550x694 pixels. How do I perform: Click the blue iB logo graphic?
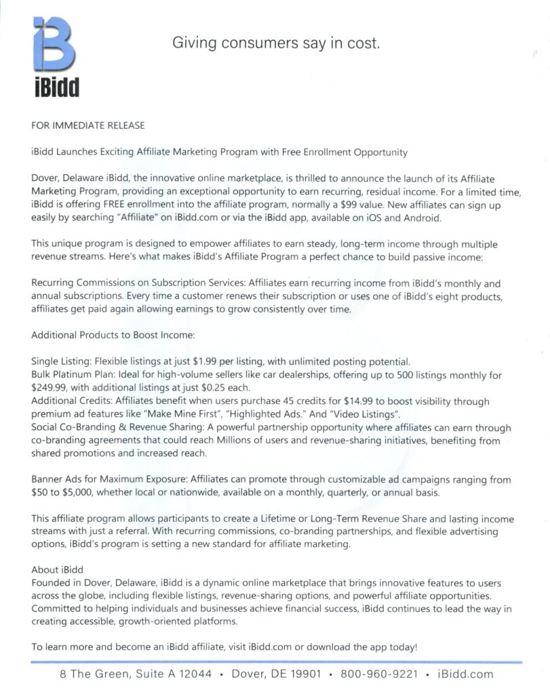(54, 44)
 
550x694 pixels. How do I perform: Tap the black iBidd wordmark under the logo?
(56, 86)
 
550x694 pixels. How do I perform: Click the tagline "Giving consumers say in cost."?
(275, 43)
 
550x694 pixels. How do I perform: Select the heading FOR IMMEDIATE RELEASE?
(87, 125)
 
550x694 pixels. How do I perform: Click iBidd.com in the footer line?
(466, 674)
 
